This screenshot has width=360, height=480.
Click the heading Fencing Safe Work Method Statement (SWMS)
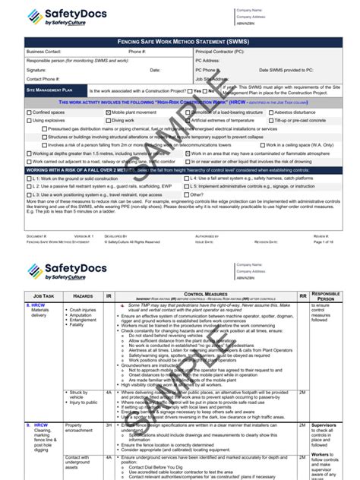click(x=180, y=39)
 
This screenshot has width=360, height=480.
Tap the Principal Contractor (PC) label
click(x=221, y=51)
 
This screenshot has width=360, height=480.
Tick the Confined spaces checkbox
click(x=27, y=111)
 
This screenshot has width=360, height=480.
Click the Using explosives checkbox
click(x=27, y=120)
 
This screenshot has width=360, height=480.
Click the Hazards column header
click(x=83, y=293)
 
